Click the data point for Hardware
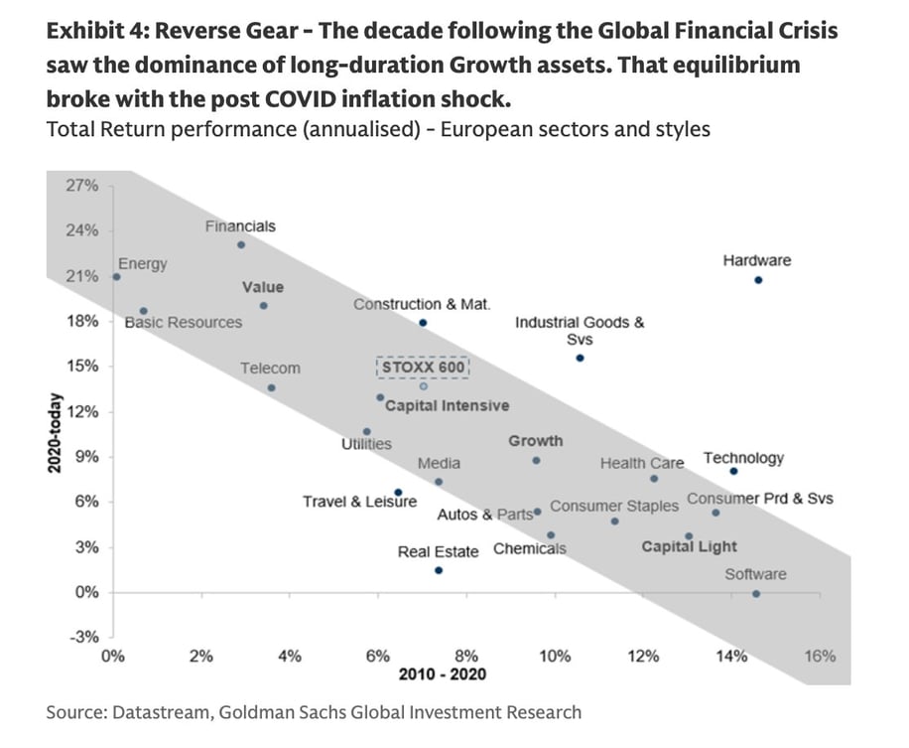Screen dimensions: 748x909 (758, 280)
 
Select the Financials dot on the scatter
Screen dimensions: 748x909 (241, 244)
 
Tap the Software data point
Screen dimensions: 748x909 (756, 594)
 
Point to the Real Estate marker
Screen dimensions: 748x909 (439, 570)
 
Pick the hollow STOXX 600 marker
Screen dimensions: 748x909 (424, 386)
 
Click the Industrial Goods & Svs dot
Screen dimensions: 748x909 (581, 358)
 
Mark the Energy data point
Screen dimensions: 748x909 (116, 277)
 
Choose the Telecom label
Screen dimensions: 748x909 (270, 369)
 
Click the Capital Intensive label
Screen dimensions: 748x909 (447, 405)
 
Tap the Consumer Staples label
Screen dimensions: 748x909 (614, 506)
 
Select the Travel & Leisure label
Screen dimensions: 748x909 (359, 502)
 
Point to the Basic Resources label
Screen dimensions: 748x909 (184, 322)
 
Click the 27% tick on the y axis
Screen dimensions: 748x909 (82, 186)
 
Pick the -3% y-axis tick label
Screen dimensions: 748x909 (83, 638)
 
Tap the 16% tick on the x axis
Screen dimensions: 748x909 (820, 656)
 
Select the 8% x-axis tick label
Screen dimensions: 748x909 (465, 656)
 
